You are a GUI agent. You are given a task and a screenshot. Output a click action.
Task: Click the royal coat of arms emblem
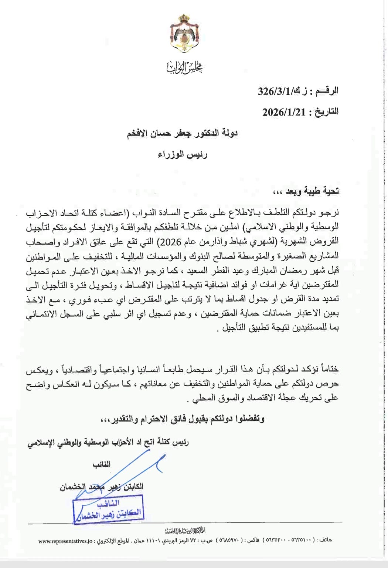tap(184, 34)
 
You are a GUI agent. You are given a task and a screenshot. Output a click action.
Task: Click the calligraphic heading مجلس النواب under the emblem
tap(184, 67)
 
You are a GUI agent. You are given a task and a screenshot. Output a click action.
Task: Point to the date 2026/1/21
tap(284, 112)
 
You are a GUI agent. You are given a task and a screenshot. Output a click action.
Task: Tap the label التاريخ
tap(326, 111)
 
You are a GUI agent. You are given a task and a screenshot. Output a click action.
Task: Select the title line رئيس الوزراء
tap(182, 154)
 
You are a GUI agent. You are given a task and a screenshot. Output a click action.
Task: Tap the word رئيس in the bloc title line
tap(181, 442)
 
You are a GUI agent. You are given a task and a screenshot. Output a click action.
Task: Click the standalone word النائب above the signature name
tap(101, 464)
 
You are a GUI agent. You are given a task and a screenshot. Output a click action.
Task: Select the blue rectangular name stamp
tap(108, 511)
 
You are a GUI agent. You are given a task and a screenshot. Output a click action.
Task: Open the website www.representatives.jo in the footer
tap(65, 541)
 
